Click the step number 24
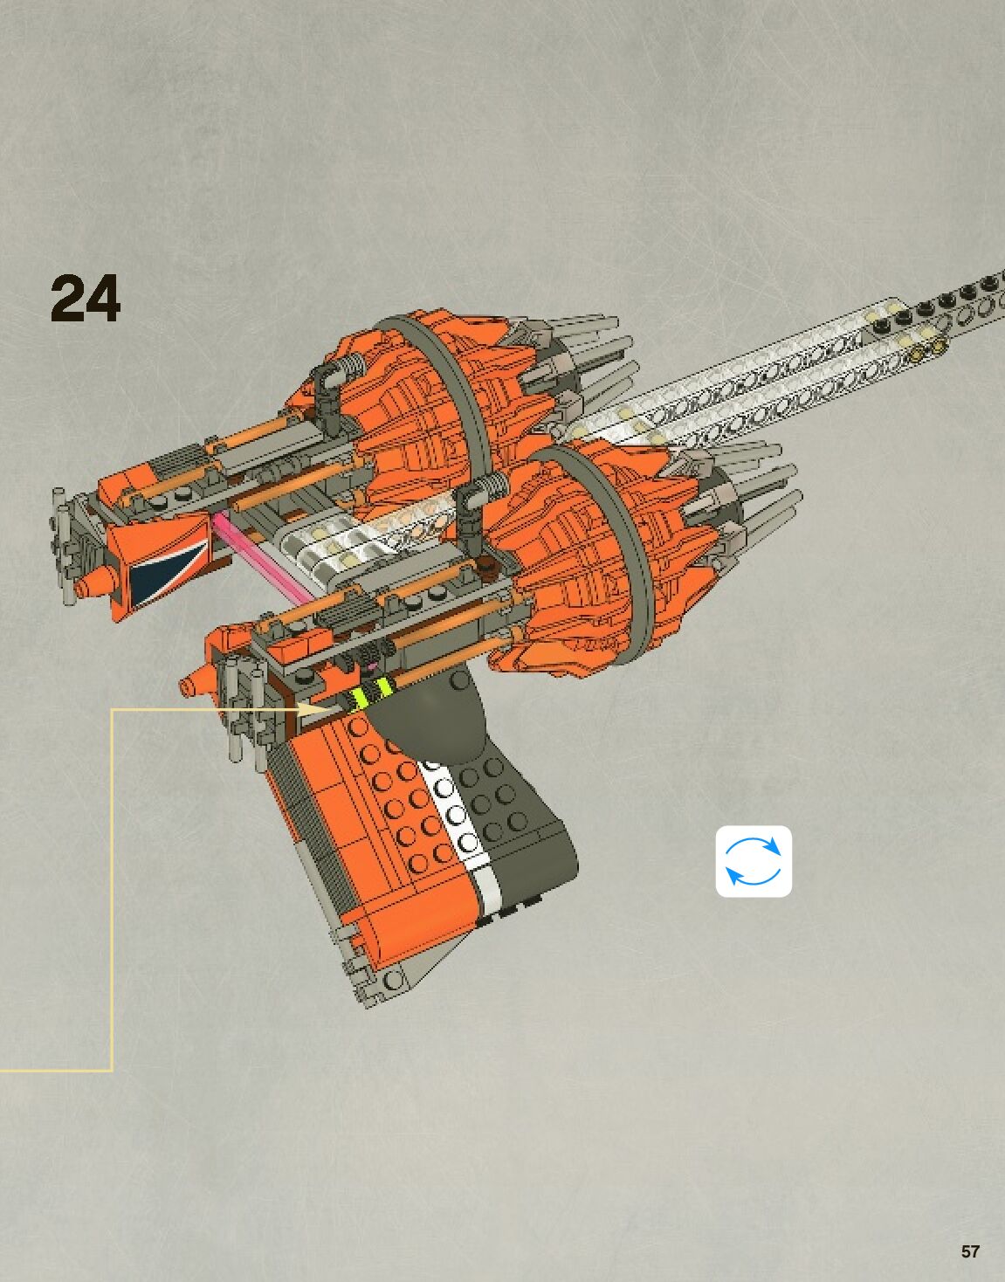coord(85,300)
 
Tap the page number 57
coord(970,1251)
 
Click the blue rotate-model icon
coord(754,861)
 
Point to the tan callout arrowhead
coord(314,709)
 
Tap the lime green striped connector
coord(370,696)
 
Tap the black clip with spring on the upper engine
coord(327,385)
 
